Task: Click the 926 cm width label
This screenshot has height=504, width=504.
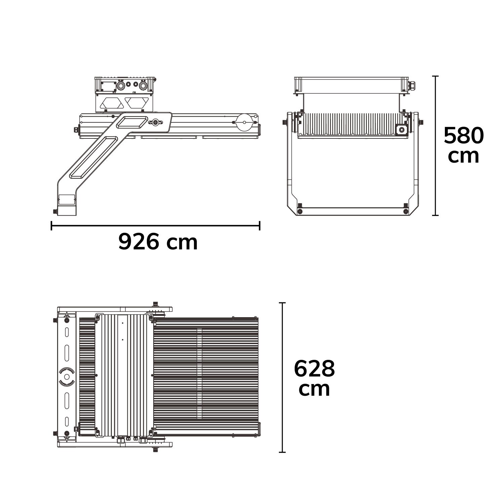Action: [x=158, y=242]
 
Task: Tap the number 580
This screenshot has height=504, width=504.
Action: [x=464, y=136]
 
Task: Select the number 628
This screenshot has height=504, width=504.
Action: [x=314, y=369]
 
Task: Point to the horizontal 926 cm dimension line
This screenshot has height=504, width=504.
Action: [x=156, y=226]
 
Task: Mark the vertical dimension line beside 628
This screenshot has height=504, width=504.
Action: [x=283, y=377]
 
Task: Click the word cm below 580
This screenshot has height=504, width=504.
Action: [x=464, y=156]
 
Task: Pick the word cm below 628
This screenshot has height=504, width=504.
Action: [x=314, y=389]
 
